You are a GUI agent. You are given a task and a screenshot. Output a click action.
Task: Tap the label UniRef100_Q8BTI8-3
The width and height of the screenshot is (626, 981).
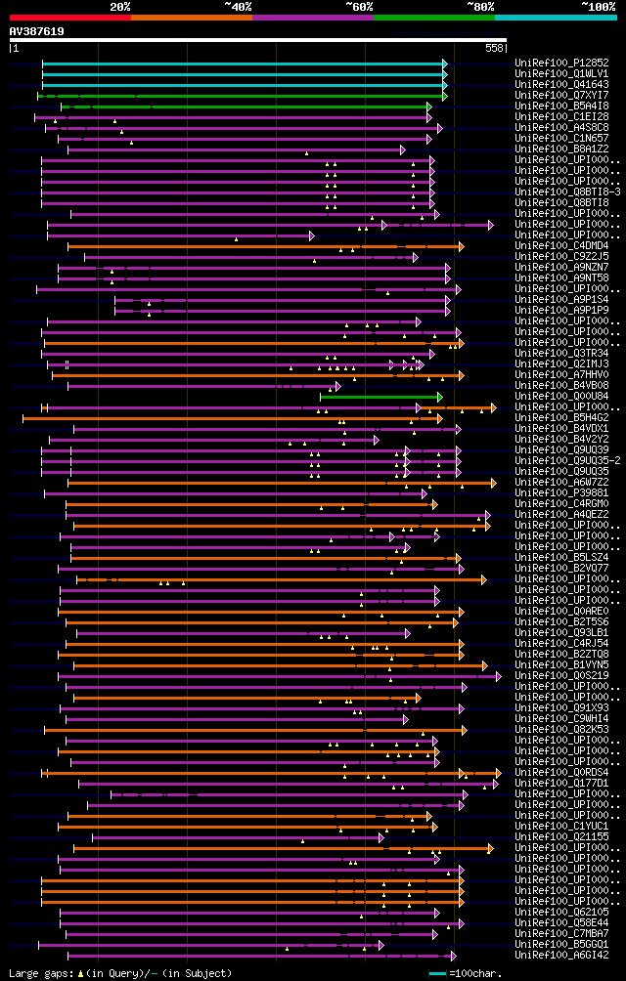[555, 192]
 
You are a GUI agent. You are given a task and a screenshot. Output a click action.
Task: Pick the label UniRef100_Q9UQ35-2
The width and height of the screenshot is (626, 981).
[555, 460]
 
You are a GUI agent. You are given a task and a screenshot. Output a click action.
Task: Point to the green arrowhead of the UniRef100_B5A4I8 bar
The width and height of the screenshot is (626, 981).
[429, 106]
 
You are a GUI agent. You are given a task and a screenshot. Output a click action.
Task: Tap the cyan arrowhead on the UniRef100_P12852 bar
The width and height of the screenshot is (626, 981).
[445, 63]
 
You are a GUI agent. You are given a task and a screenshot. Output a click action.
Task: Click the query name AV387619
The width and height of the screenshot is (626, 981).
[37, 32]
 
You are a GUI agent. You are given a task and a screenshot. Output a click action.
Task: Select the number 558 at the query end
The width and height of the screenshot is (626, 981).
[494, 47]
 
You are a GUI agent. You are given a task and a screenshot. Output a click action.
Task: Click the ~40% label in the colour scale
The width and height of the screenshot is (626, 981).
[238, 6]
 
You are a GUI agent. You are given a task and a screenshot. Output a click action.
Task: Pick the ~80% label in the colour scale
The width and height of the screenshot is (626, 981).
[480, 6]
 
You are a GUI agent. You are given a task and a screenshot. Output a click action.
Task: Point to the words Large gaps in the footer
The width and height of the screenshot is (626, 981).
[35, 973]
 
